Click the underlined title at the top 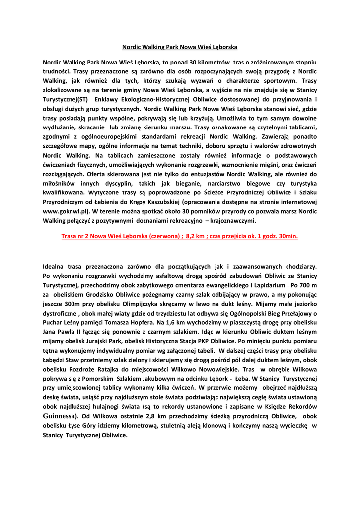pos(180,47)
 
